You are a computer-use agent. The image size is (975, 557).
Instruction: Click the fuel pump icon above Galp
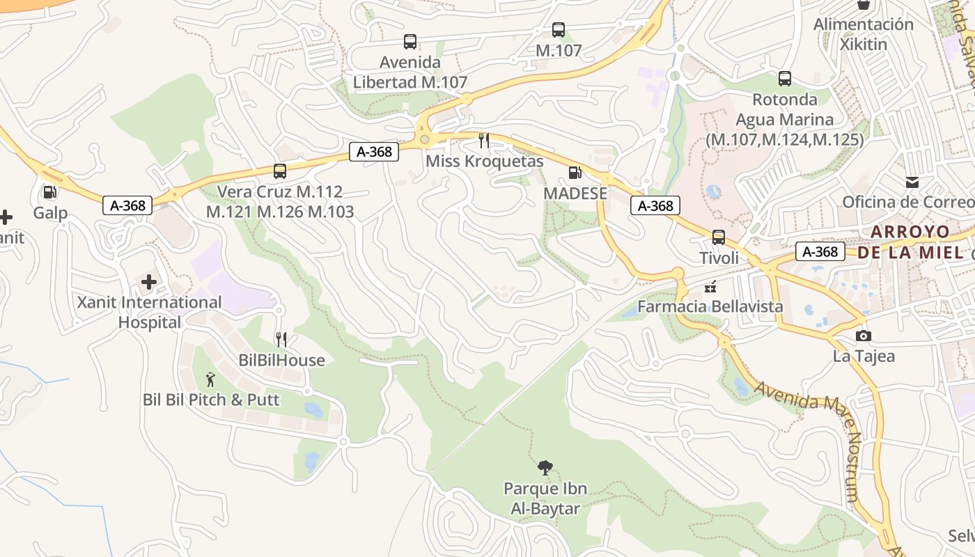[49, 191]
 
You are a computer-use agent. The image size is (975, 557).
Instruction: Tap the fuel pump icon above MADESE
[575, 173]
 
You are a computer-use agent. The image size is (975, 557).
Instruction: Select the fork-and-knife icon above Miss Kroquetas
[484, 141]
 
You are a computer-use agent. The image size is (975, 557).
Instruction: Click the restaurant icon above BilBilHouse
[281, 340]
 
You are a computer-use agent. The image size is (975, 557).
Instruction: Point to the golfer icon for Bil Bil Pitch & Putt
[211, 379]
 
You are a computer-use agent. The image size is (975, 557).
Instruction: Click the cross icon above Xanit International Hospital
[149, 282]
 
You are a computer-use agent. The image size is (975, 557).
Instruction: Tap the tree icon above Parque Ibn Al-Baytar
[545, 468]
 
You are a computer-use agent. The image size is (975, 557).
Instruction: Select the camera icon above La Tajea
[864, 336]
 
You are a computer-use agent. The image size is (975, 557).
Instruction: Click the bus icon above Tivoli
[719, 237]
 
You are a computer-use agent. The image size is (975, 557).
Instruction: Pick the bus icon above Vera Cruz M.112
[280, 171]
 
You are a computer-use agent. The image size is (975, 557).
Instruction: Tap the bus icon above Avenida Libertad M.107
[410, 42]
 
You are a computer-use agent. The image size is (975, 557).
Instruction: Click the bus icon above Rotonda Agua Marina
[785, 79]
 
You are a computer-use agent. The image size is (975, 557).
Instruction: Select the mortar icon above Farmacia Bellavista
[710, 286]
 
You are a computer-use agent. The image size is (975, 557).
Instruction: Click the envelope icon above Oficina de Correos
[912, 182]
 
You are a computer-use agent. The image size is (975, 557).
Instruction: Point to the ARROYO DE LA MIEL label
[912, 242]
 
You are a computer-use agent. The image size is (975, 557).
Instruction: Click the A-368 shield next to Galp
[127, 205]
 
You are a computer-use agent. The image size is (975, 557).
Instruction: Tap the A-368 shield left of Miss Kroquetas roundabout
[374, 152]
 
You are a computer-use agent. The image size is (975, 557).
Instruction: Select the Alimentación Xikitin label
[864, 34]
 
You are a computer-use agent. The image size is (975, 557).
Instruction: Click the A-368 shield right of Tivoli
[820, 251]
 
